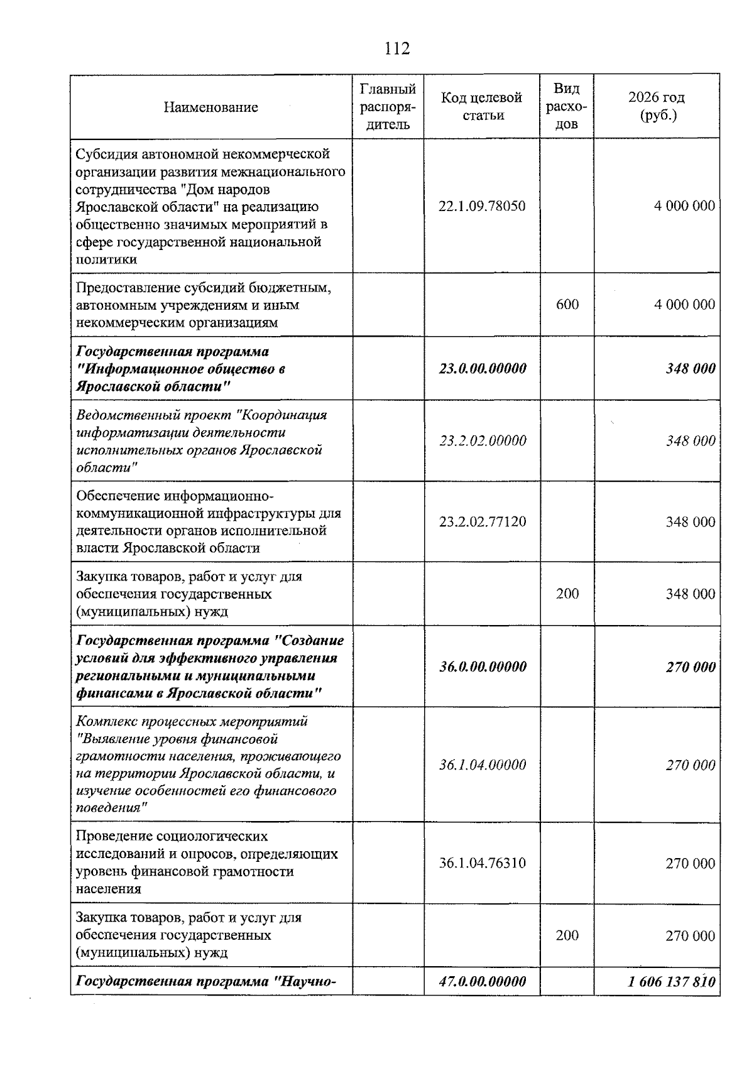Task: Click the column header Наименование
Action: [210, 107]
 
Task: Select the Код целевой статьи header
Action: [482, 107]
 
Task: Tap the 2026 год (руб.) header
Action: [657, 107]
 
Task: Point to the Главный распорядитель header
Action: [388, 107]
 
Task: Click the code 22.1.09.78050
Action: [482, 206]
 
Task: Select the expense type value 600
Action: [567, 305]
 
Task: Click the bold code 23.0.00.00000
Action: [482, 369]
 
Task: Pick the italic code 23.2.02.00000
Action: [482, 441]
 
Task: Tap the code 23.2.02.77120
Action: [482, 522]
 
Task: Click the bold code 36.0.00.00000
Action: [482, 667]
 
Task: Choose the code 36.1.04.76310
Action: [482, 863]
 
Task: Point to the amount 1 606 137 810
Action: [671, 982]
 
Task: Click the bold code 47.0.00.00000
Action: [482, 982]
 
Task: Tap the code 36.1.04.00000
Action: [482, 765]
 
